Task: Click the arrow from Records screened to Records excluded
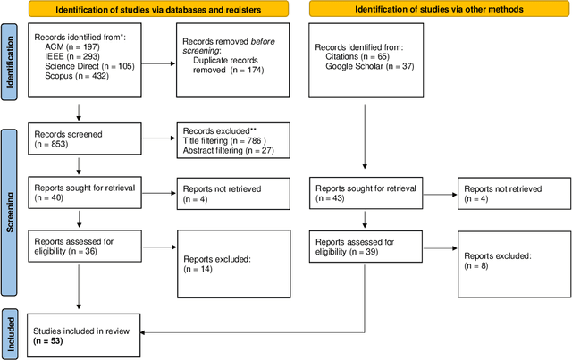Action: coord(159,138)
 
